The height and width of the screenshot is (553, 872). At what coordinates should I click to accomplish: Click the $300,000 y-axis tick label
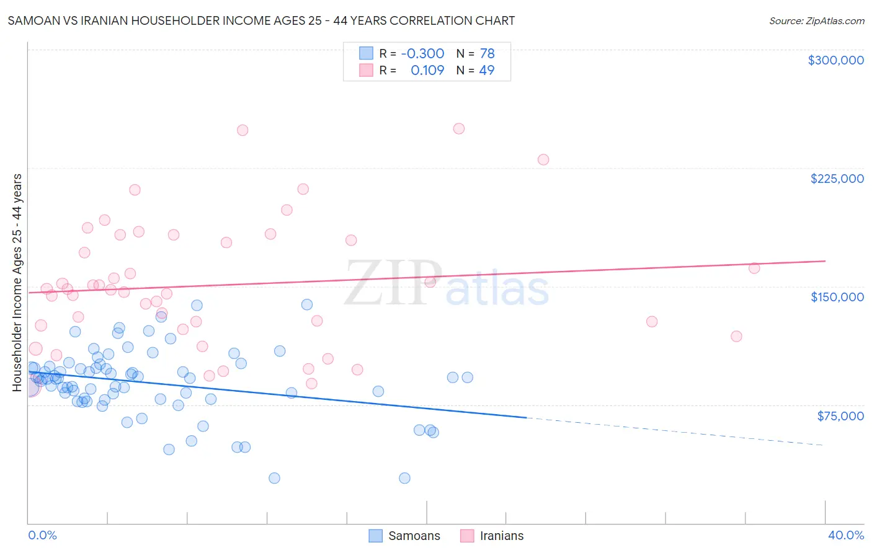pyautogui.click(x=835, y=60)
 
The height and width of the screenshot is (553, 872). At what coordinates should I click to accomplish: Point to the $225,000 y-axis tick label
pyautogui.click(x=837, y=179)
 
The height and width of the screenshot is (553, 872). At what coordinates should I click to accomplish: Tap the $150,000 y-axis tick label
pyautogui.click(x=837, y=297)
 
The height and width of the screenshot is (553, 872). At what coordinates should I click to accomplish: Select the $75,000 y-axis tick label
pyautogui.click(x=840, y=416)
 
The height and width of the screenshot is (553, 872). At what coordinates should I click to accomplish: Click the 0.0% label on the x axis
pyautogui.click(x=42, y=535)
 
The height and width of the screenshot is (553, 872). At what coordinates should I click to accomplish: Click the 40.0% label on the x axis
pyautogui.click(x=845, y=535)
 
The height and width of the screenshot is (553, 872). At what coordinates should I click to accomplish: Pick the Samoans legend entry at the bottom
pyautogui.click(x=404, y=536)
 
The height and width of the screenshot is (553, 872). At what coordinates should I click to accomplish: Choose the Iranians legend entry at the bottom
pyautogui.click(x=492, y=536)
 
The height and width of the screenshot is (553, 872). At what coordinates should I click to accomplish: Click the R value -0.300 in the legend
pyautogui.click(x=422, y=54)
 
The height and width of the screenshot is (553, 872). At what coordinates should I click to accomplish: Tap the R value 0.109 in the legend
pyautogui.click(x=427, y=70)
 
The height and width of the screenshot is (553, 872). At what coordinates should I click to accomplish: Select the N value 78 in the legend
pyautogui.click(x=487, y=54)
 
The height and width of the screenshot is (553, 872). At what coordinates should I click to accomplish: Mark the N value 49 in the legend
pyautogui.click(x=487, y=70)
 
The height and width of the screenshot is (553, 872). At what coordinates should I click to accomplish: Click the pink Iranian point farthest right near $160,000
pyautogui.click(x=754, y=268)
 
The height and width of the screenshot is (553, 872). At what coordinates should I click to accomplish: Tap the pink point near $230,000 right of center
pyautogui.click(x=543, y=159)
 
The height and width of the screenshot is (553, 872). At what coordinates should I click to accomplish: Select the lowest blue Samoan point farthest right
pyautogui.click(x=404, y=478)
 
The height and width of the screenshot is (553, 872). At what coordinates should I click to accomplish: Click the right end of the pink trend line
pyautogui.click(x=825, y=261)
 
